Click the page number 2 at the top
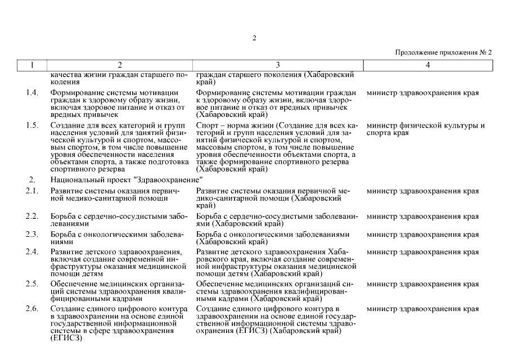254,38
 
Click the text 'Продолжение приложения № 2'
444,52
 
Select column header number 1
32,65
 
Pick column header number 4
428,65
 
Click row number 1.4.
32,92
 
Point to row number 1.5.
32,125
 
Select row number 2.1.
32,191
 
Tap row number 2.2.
32,217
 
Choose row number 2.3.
32,234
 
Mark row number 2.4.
32,251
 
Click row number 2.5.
32,284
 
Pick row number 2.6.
32,309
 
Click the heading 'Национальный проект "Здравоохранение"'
127,180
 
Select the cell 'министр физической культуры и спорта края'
425,129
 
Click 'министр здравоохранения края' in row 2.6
422,309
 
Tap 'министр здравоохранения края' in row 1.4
422,92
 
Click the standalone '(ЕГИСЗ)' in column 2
66,337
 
